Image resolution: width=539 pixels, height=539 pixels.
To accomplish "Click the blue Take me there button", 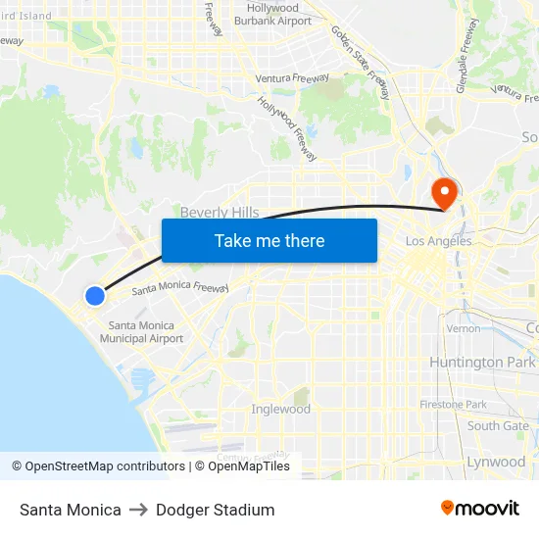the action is [x=269, y=240].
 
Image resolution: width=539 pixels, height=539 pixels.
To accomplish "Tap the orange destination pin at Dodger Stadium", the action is [x=444, y=193].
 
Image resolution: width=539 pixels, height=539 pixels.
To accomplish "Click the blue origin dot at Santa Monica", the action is [x=94, y=295].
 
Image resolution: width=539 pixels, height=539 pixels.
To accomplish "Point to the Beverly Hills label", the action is [x=220, y=213].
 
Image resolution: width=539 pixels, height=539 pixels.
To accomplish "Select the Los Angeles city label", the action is [x=438, y=241].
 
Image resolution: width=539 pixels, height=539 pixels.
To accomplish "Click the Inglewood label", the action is [x=281, y=409].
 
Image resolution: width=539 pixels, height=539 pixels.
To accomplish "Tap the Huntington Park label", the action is [x=482, y=363].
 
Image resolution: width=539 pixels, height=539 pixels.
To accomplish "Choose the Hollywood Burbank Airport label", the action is [x=273, y=14].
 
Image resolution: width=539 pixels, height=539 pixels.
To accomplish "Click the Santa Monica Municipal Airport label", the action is [x=141, y=332].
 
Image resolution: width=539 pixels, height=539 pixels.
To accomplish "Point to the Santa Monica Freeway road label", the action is [x=180, y=288].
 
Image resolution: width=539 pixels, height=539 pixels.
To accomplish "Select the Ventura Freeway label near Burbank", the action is [x=292, y=77].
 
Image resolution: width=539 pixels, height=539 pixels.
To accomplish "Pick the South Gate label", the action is [x=498, y=425].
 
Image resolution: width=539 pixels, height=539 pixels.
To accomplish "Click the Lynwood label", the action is [x=496, y=462].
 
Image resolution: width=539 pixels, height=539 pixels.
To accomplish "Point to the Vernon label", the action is [x=463, y=328].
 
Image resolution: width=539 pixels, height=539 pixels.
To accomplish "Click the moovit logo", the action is [x=480, y=509].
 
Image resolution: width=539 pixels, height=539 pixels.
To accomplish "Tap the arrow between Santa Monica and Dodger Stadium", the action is [x=138, y=511].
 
